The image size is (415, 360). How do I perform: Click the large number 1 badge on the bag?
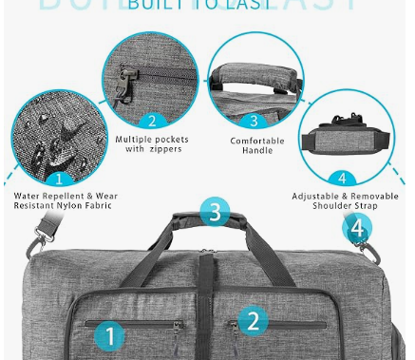pos(111,335)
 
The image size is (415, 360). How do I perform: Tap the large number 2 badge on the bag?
pos(252,320)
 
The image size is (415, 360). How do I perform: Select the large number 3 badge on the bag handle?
pos(215,211)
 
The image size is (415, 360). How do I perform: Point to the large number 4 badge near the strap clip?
pos(357,228)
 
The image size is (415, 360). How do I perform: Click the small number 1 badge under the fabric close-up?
pos(59,178)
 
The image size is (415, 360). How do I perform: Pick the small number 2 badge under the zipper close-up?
pos(151,121)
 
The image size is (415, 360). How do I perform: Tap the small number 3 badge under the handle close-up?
pos(254,121)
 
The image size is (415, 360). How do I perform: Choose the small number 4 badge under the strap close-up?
pos(342,178)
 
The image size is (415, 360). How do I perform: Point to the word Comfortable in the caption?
pos(257,140)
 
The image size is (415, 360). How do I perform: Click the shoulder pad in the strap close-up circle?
pos(347,139)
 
